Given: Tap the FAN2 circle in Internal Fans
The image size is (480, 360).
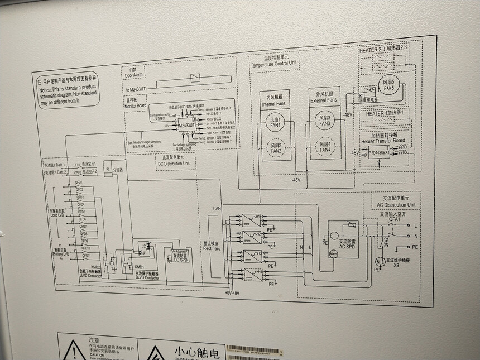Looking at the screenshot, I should (276, 148).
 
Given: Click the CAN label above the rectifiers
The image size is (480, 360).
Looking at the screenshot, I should (217, 208).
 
